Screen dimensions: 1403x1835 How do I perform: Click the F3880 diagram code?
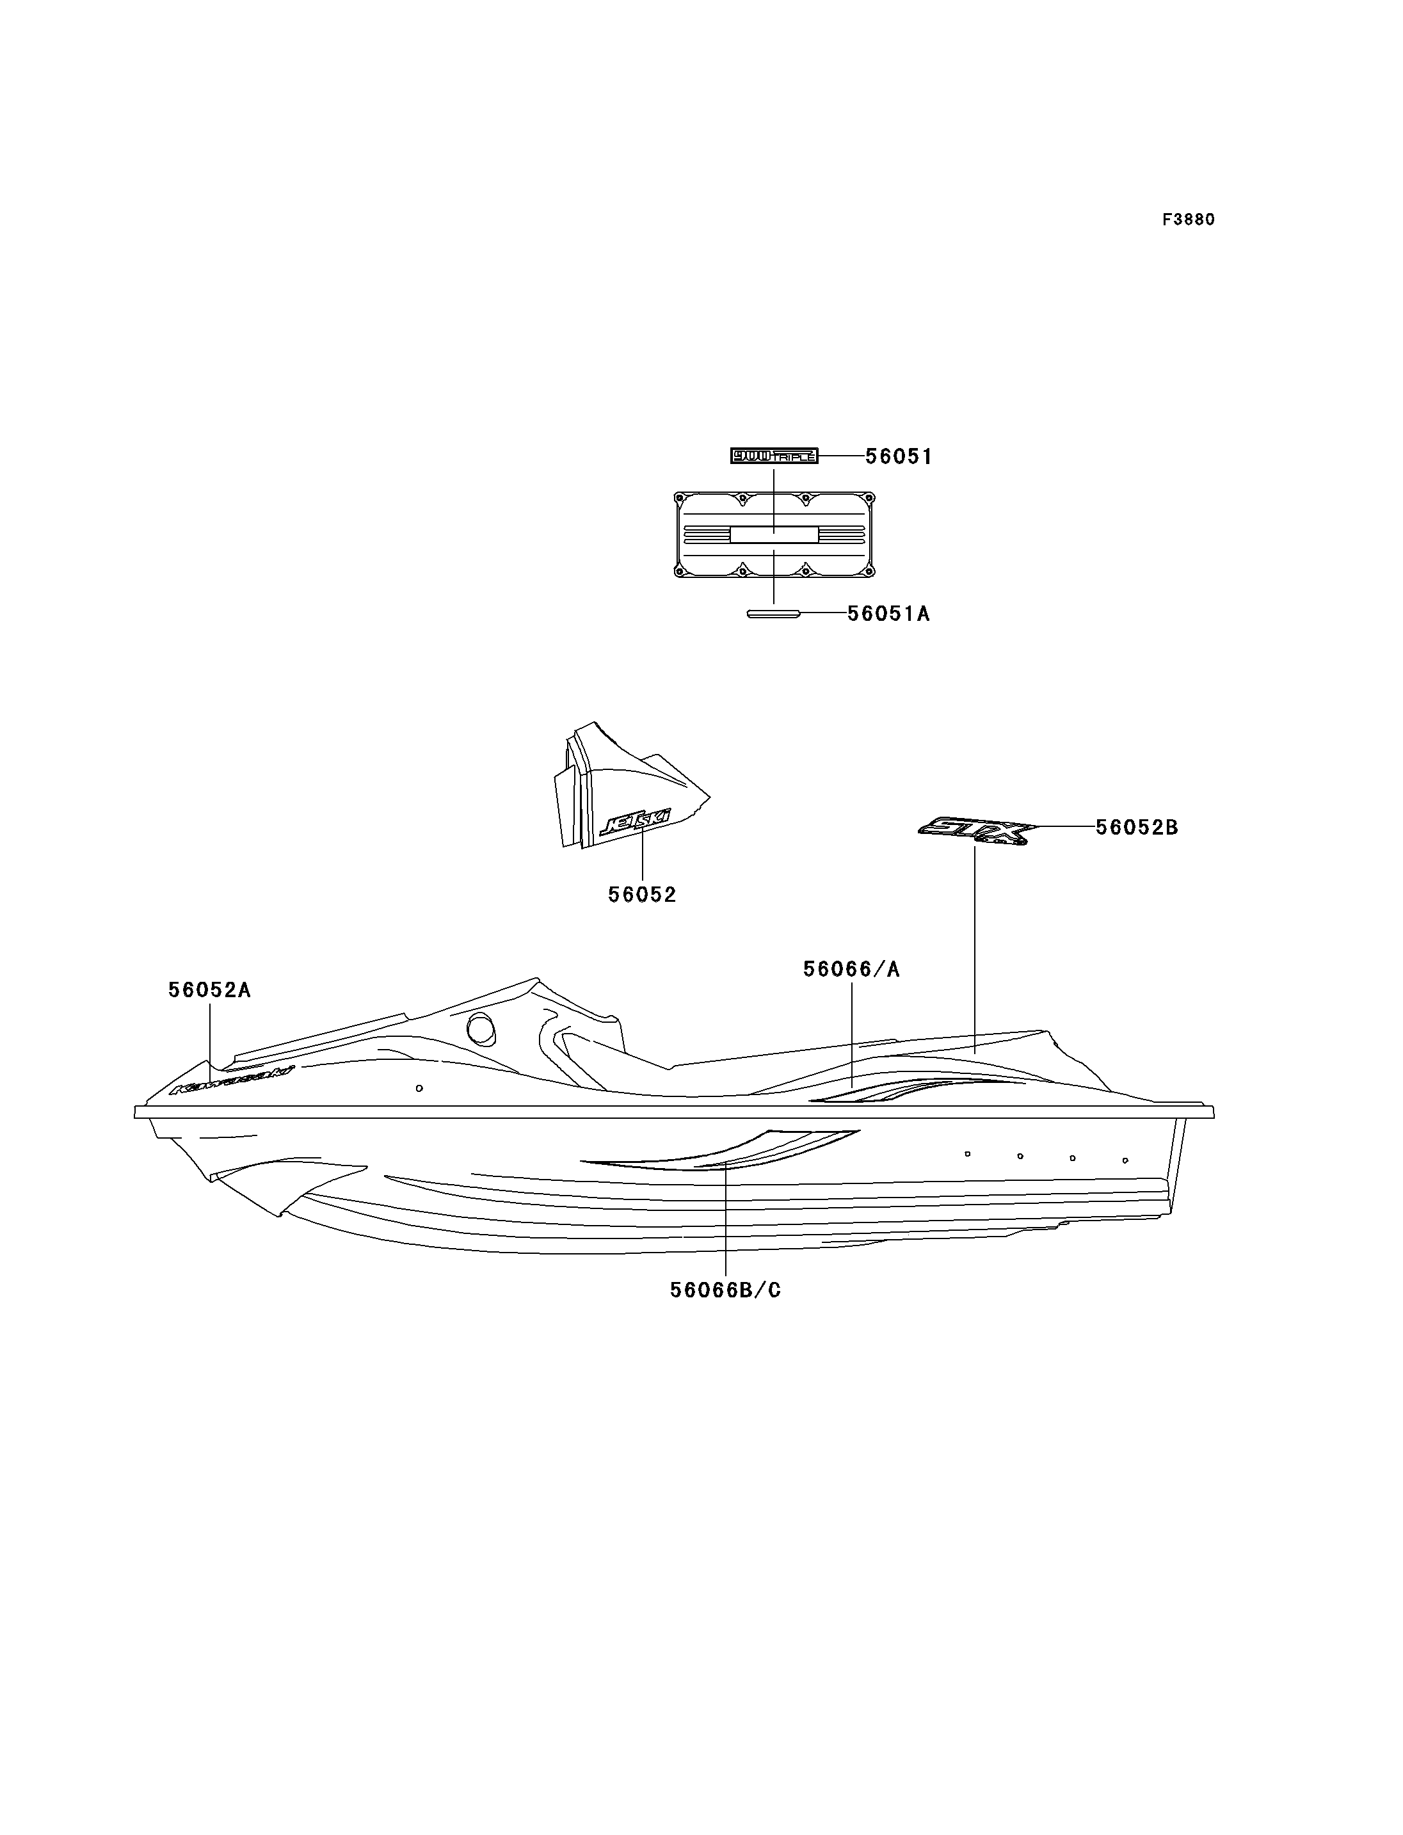(1189, 220)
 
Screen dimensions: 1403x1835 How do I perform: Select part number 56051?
(899, 457)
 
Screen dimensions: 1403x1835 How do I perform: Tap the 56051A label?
(888, 614)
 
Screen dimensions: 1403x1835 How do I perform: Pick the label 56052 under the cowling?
(641, 895)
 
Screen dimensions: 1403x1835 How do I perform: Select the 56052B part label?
(1137, 827)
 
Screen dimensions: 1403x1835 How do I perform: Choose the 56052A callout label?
(209, 990)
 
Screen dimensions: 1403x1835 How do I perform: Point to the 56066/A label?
(851, 969)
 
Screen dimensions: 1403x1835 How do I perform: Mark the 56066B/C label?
(725, 1290)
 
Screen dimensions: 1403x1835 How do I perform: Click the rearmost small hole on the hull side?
(1125, 1160)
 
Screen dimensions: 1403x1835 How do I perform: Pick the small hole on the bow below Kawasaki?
(419, 1088)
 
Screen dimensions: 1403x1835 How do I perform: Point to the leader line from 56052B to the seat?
(975, 944)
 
